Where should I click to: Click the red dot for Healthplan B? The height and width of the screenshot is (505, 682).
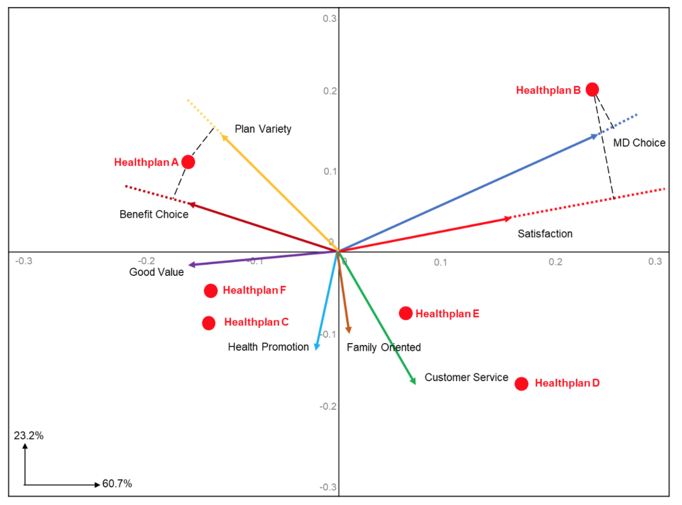pyautogui.click(x=592, y=89)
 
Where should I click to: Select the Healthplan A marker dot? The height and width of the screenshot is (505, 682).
pyautogui.click(x=188, y=162)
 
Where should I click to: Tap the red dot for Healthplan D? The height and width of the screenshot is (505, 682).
pyautogui.click(x=521, y=383)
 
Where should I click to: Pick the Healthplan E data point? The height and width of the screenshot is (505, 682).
pyautogui.click(x=406, y=313)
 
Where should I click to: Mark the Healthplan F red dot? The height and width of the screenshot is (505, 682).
pyautogui.click(x=211, y=290)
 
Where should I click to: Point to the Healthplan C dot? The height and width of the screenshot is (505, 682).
pyautogui.click(x=208, y=323)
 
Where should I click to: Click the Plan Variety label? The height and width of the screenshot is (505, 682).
pyautogui.click(x=263, y=129)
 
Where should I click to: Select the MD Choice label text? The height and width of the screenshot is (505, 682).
pyautogui.click(x=639, y=143)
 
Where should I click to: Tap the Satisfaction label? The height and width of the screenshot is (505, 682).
pyautogui.click(x=545, y=234)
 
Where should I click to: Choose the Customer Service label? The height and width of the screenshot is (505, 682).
pyautogui.click(x=466, y=378)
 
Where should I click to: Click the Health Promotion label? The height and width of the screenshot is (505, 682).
pyautogui.click(x=268, y=347)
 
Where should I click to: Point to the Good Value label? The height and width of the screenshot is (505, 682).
pyautogui.click(x=156, y=272)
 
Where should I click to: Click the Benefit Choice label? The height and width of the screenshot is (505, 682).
pyautogui.click(x=154, y=215)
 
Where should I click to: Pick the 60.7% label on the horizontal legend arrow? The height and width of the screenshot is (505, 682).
pyautogui.click(x=117, y=484)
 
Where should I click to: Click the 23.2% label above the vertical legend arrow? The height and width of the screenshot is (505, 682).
pyautogui.click(x=29, y=435)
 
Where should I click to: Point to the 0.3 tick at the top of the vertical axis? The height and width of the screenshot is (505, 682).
pyautogui.click(x=330, y=19)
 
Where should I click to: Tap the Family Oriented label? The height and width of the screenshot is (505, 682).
pyautogui.click(x=384, y=347)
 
